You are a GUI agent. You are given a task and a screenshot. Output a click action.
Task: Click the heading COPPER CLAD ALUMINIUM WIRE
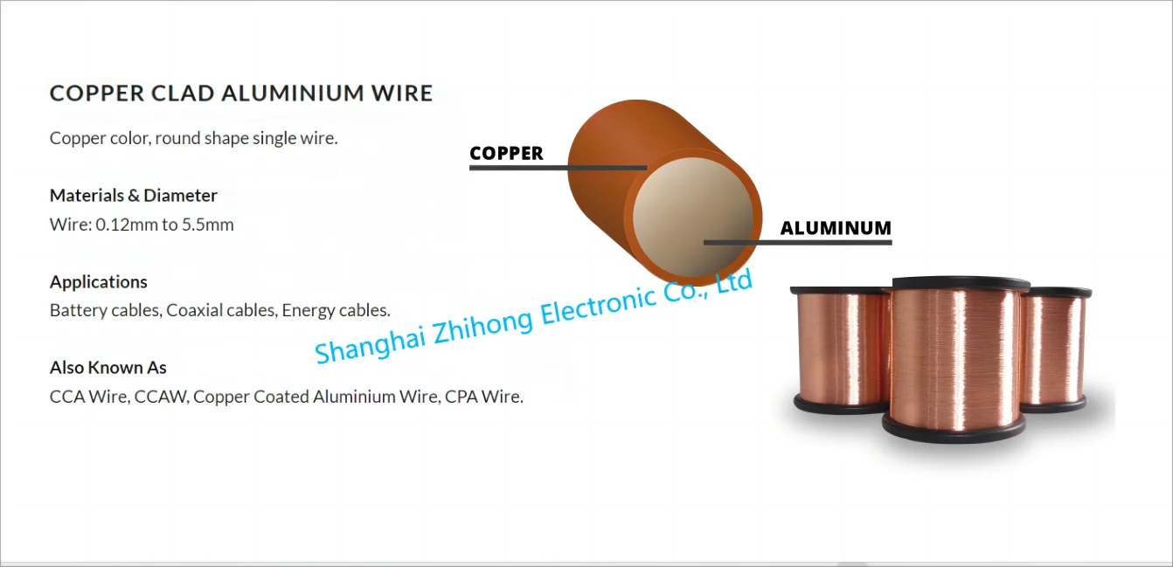[241, 93]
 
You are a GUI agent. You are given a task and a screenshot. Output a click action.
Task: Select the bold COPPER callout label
[506, 154]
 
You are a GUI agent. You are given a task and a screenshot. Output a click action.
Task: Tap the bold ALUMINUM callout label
[836, 228]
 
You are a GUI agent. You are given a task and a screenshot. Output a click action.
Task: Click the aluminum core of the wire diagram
[691, 210]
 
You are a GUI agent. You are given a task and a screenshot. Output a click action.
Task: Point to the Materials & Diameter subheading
[134, 195]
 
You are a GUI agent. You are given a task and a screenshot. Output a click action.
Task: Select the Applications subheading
[99, 281]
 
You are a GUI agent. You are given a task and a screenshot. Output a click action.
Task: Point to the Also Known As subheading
[108, 367]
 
